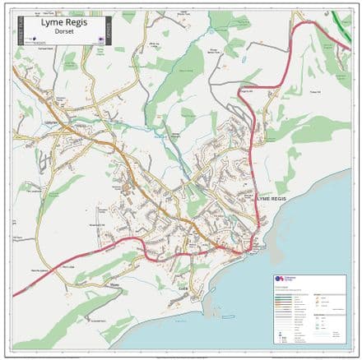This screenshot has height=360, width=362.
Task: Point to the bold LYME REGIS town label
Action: pos(273,198)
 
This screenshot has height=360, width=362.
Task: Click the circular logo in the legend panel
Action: pos(279,279)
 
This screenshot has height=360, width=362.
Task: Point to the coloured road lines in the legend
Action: pos(288,301)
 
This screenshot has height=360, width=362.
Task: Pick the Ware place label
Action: pos(114,287)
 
